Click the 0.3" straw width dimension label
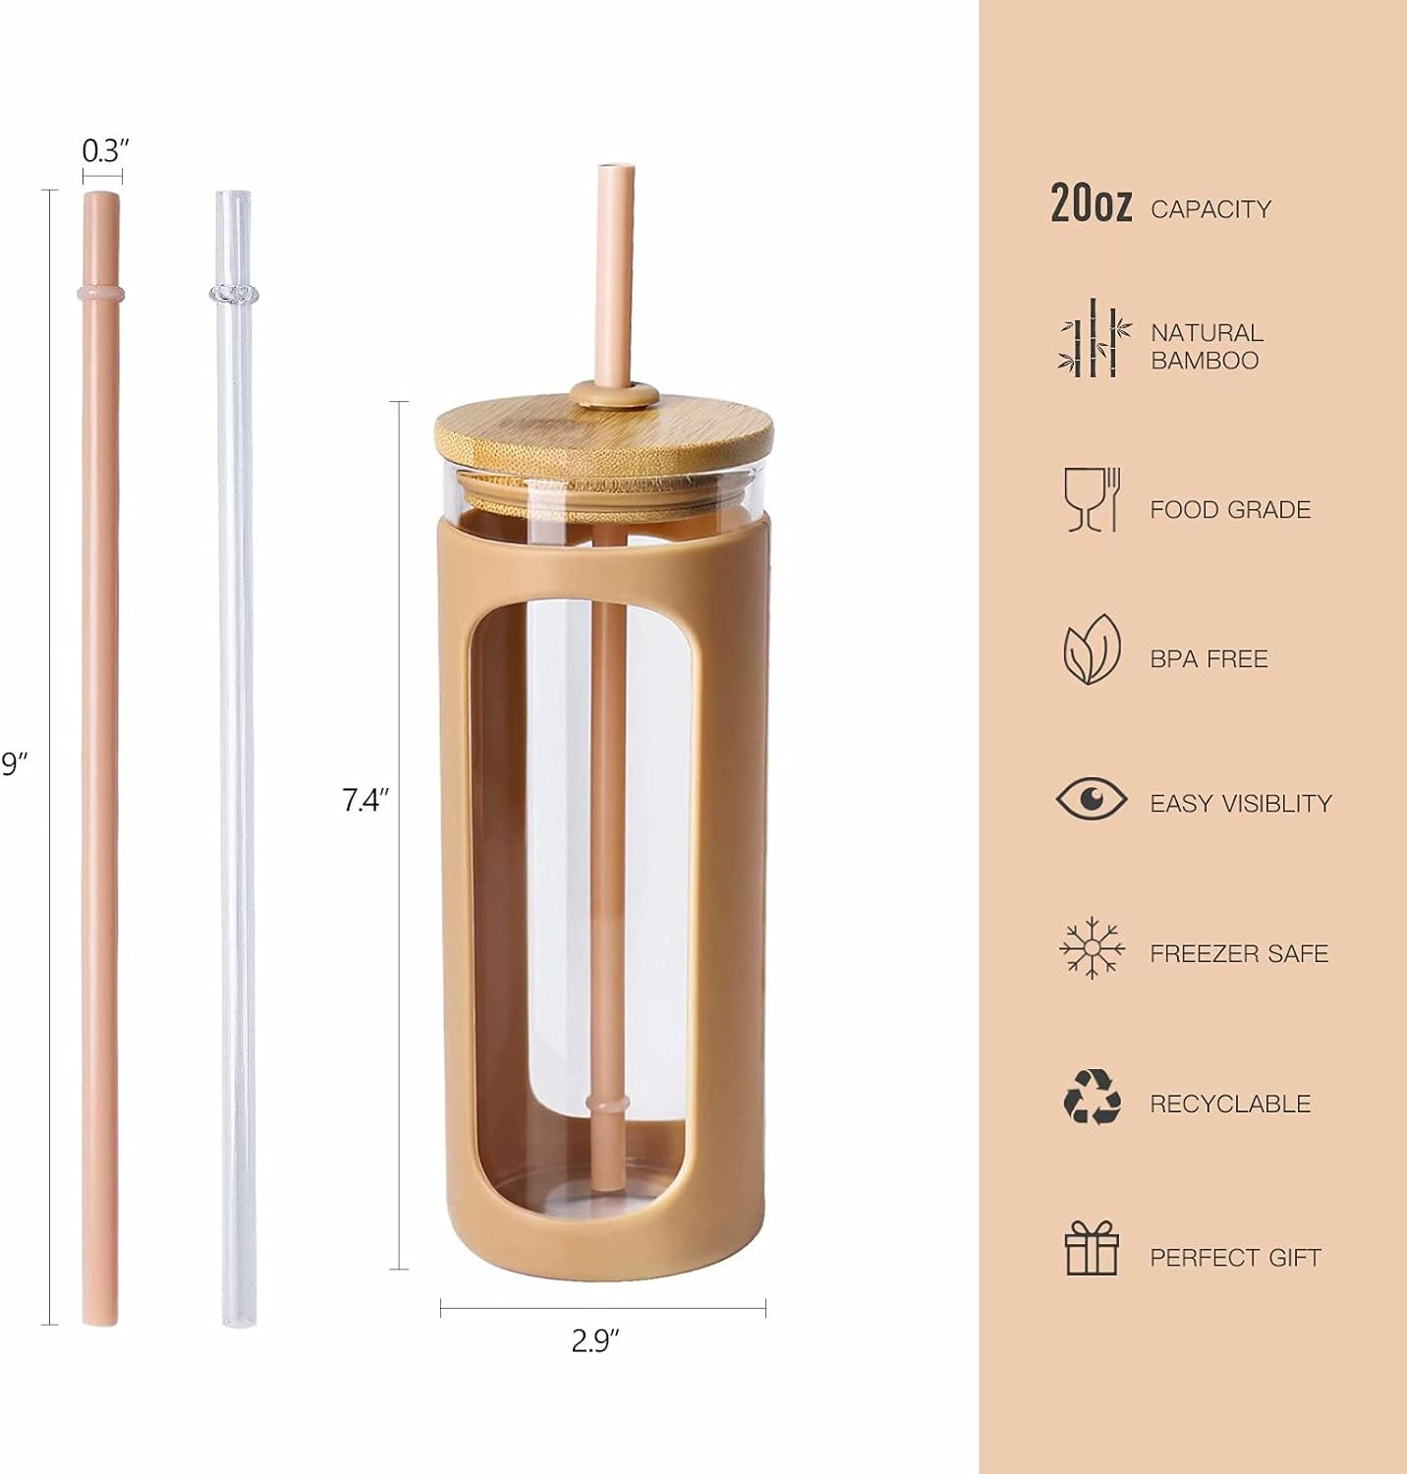click(x=105, y=150)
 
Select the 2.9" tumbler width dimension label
click(x=595, y=1340)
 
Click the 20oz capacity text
click(x=1091, y=203)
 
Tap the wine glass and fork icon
click(x=1092, y=499)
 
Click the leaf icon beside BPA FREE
click(x=1092, y=650)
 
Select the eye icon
click(x=1092, y=798)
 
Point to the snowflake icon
click(x=1092, y=948)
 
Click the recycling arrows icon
click(x=1092, y=1097)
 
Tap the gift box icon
click(x=1092, y=1248)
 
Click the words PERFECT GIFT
click(x=1235, y=1257)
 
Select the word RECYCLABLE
click(x=1230, y=1104)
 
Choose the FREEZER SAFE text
click(x=1239, y=953)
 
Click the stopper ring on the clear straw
click(x=233, y=293)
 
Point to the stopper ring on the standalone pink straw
click(x=101, y=293)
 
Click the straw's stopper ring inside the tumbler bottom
click(x=608, y=1105)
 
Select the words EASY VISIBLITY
click(x=1241, y=804)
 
